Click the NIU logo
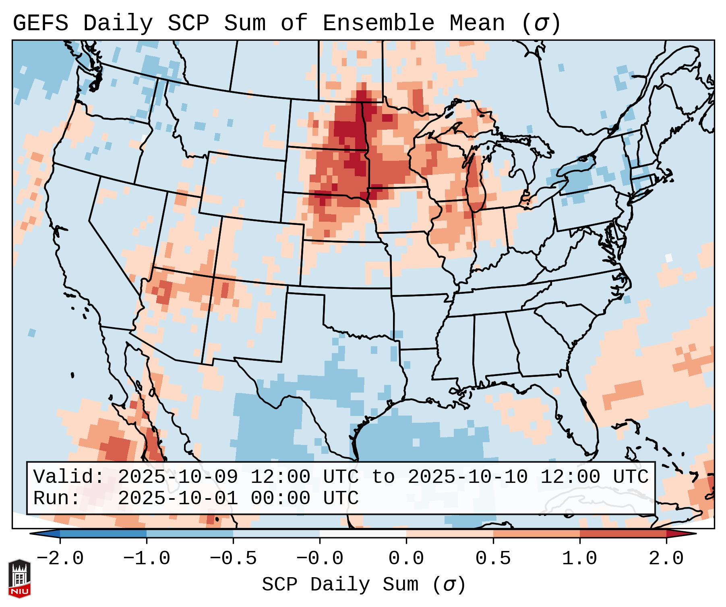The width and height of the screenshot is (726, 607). tap(19, 578)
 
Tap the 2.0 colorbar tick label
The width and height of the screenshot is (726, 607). tap(666, 559)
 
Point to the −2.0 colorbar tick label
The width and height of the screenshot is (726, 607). tap(60, 559)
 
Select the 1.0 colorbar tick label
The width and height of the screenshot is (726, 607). tap(579, 559)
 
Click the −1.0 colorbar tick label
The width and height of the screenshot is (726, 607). tap(147, 559)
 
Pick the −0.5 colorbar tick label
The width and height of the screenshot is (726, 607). tap(233, 559)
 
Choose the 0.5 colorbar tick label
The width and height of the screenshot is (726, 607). tap(493, 559)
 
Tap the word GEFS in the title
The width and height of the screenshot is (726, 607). tap(41, 23)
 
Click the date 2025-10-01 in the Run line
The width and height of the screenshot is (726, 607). tap(178, 498)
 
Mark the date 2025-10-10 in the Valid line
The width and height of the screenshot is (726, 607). tap(467, 477)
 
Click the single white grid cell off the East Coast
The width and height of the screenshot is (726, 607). tap(669, 258)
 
